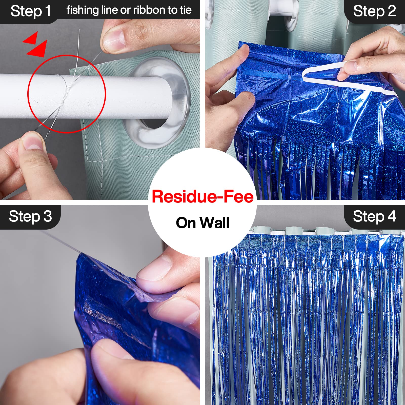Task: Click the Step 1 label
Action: click(30, 11)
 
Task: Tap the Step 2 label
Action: click(375, 11)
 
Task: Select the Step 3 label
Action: click(30, 217)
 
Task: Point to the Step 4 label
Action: click(375, 217)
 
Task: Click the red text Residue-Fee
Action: click(202, 197)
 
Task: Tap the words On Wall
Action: click(202, 223)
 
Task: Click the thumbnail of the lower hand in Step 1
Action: click(32, 142)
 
